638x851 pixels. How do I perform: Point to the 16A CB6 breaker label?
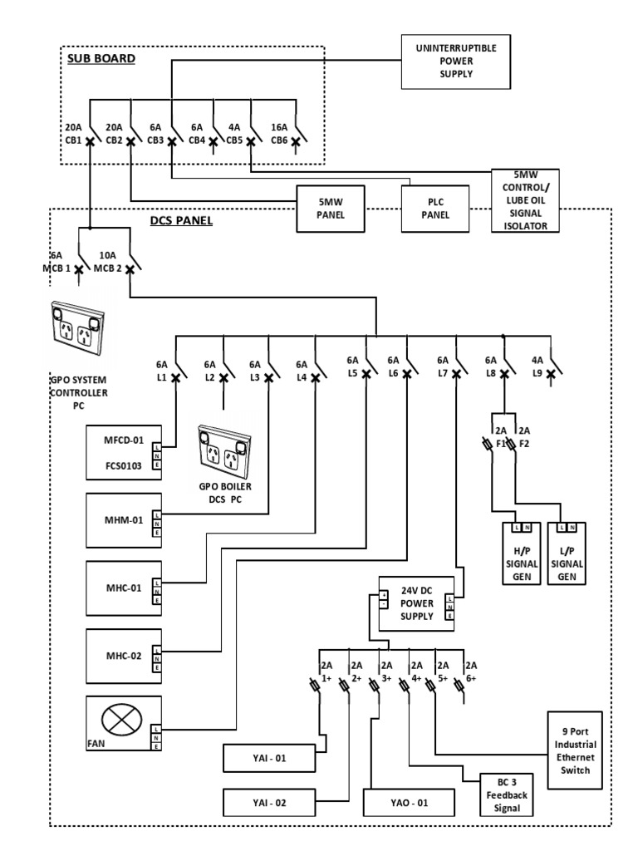278,134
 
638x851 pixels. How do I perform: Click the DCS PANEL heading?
182,221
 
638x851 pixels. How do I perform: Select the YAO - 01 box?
409,804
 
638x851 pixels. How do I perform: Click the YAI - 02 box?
268,804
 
